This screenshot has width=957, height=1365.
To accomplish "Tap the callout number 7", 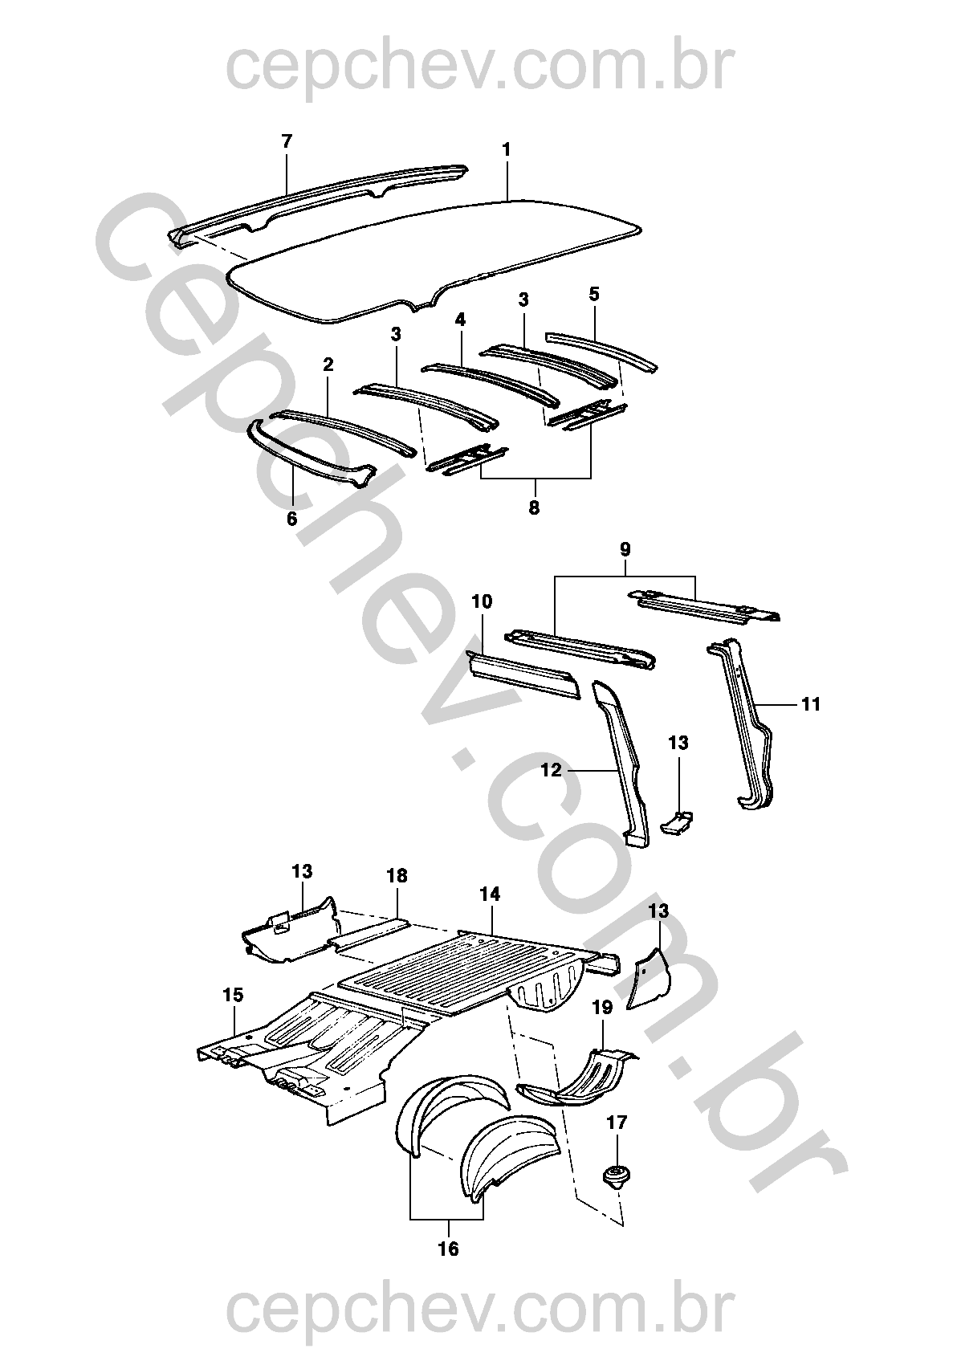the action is click(287, 141).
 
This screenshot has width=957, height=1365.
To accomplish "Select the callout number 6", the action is click(291, 520).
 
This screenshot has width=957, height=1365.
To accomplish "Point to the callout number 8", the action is click(534, 507).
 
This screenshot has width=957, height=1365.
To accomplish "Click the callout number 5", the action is click(594, 295).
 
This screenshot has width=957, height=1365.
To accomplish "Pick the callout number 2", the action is click(328, 365).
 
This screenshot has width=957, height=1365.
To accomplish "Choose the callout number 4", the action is click(461, 320).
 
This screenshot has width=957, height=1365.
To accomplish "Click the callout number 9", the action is click(625, 550).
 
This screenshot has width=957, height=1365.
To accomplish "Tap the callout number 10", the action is click(482, 602).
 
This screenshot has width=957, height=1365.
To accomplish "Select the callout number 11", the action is click(811, 704).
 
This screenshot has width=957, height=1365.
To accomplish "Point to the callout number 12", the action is click(552, 770).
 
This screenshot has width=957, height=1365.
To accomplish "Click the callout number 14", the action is click(490, 894).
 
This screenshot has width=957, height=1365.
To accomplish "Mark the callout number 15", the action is click(234, 995).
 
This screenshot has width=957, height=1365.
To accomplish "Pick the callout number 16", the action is click(448, 1249).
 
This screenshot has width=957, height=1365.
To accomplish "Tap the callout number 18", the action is click(397, 876).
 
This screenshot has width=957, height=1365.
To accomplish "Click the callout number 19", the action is click(602, 1008).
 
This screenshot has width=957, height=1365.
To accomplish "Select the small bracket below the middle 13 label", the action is click(677, 823).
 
